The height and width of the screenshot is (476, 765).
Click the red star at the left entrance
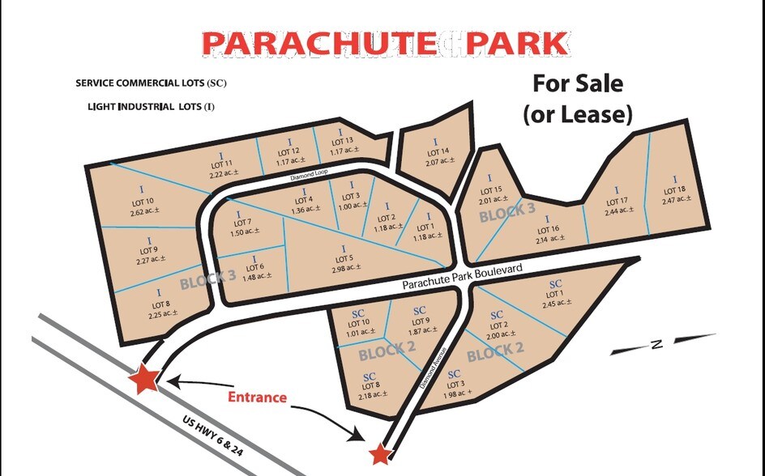click(x=146, y=378)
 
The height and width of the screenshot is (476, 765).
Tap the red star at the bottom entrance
click(x=378, y=453)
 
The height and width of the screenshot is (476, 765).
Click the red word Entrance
click(x=257, y=397)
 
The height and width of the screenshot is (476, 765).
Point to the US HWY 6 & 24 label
click(x=213, y=438)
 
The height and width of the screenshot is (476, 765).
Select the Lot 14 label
click(x=437, y=152)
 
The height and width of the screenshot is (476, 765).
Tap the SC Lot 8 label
click(x=369, y=385)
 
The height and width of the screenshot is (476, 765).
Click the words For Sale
click(x=577, y=83)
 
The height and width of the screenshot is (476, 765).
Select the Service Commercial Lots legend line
click(x=150, y=83)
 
